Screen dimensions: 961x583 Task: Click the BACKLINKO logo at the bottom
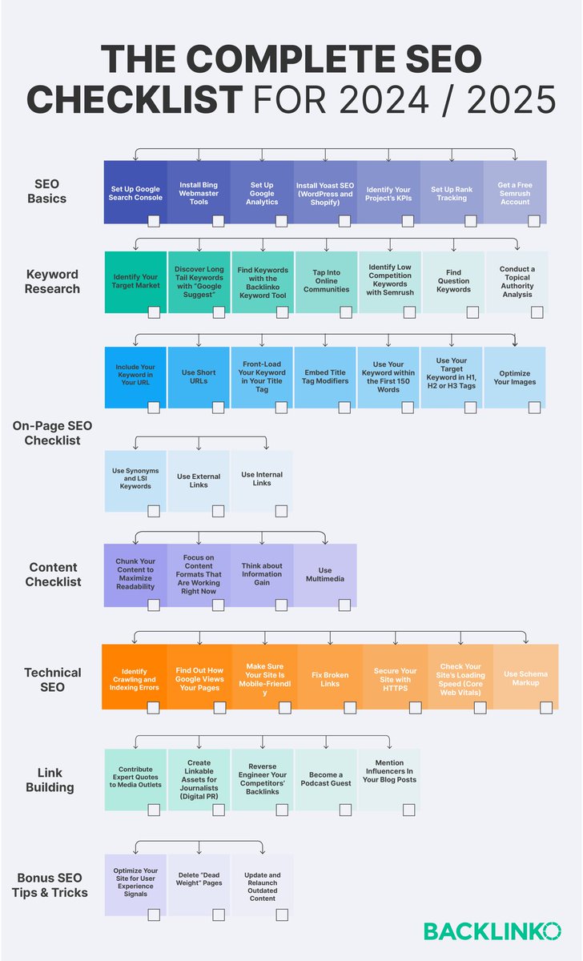tap(492, 931)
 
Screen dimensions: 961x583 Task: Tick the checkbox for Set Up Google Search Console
tap(154, 220)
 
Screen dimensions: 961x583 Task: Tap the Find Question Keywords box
tap(453, 281)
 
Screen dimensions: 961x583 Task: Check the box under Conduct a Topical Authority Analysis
tap(537, 312)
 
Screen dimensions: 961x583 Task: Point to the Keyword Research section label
tap(53, 281)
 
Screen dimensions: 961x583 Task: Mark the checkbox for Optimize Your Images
tap(534, 407)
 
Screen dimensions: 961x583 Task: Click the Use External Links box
tap(199, 480)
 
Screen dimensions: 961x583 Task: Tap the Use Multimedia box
tap(324, 575)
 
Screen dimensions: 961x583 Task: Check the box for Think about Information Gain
tap(281, 605)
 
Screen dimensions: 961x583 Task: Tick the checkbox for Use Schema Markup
tap(546, 707)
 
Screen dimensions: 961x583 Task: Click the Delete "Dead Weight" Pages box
tap(199, 882)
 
